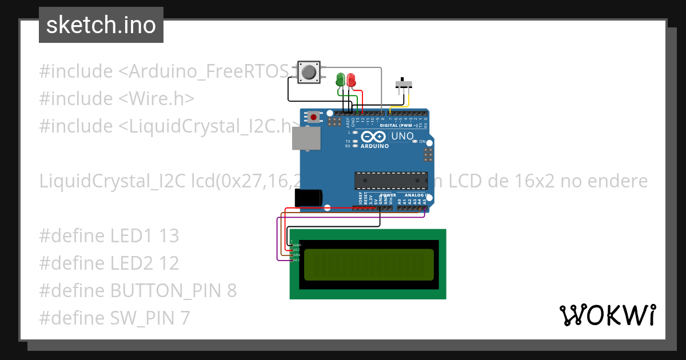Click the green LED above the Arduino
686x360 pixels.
(341, 79)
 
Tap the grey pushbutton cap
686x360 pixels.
(309, 72)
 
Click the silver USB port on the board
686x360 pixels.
(307, 138)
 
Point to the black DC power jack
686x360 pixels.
(308, 198)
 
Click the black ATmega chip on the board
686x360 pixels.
(390, 180)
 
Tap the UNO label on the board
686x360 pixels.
(404, 137)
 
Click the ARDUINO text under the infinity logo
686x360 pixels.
(374, 146)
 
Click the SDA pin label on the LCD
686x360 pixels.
(297, 255)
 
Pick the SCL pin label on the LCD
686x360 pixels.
(297, 260)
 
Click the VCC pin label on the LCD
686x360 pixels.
(297, 250)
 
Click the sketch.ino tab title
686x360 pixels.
(101, 25)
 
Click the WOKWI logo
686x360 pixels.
(607, 315)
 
